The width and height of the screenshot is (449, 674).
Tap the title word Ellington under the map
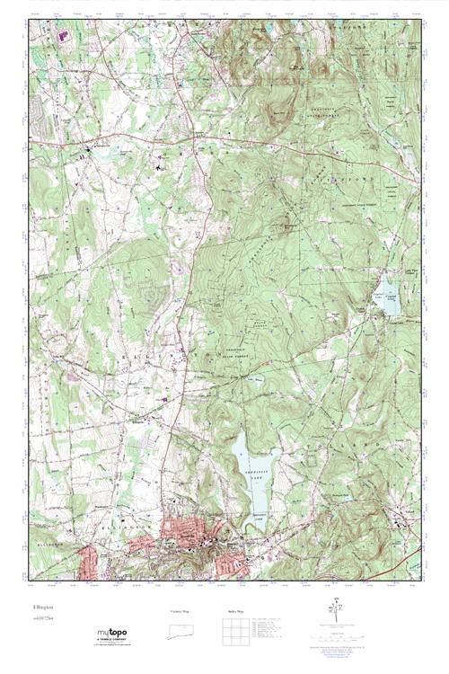pos(42,607)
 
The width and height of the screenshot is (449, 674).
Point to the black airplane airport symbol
pos(159,165)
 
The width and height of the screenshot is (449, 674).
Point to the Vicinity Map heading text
pos(179,611)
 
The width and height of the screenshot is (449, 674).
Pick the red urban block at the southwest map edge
pos(87,562)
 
